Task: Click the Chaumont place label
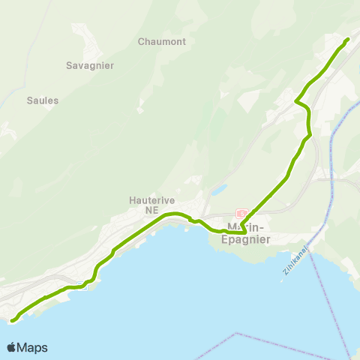(162, 42)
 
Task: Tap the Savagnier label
(90, 65)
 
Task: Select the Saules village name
(43, 100)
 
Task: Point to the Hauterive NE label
(152, 205)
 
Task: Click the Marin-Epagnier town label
(247, 233)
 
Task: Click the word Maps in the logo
(32, 347)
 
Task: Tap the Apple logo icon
(12, 347)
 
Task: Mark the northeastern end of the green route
(348, 39)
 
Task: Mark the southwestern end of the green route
(13, 321)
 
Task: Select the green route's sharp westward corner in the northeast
(297, 100)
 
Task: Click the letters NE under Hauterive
(152, 211)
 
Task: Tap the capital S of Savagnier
(69, 65)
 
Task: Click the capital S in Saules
(30, 100)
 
